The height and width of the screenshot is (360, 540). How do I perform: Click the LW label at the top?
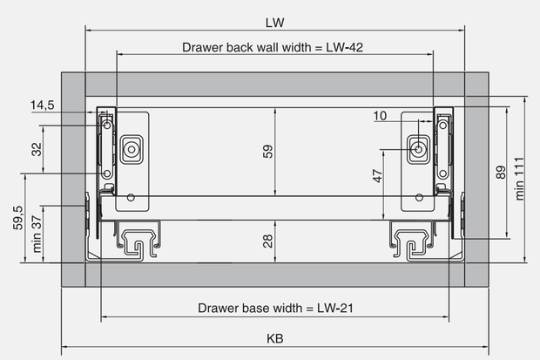coord(275,23)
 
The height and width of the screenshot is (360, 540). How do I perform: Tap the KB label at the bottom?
coord(275,338)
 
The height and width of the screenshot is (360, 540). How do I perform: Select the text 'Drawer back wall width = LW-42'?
coord(273,47)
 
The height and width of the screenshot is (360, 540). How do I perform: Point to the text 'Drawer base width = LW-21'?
coord(275,308)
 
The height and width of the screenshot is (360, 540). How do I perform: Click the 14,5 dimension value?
coord(43,105)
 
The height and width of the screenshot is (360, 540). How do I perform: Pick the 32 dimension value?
coord(37,149)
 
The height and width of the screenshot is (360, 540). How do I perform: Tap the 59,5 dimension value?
coord(18,218)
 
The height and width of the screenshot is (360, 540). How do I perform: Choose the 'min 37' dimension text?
coord(37,234)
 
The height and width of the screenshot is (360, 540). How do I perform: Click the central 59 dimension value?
coord(268,152)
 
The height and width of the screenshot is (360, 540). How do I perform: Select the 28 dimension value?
coord(268,241)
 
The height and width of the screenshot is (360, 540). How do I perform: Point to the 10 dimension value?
coord(380,116)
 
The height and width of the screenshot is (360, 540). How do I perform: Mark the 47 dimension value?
coord(378,176)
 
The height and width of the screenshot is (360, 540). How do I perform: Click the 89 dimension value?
coord(501,173)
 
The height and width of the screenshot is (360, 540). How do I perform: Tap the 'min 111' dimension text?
coord(519,179)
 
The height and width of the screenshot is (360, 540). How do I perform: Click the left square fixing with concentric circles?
coord(132,149)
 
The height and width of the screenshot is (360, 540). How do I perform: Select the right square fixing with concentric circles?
coord(418,149)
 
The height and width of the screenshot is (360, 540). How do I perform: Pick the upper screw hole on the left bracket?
coord(107,126)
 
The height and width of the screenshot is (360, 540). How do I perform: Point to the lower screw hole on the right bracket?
coord(442,173)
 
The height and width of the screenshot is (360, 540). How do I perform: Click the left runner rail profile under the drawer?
coord(138,240)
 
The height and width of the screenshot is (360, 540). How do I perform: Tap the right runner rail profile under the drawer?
coord(412,240)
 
